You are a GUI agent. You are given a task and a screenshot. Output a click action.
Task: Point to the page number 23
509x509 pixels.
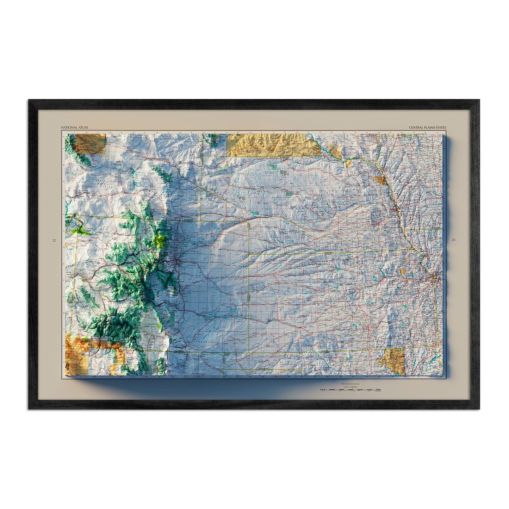coord(453,240)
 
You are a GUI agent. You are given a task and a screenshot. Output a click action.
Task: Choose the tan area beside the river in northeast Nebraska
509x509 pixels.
coord(380,181)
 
